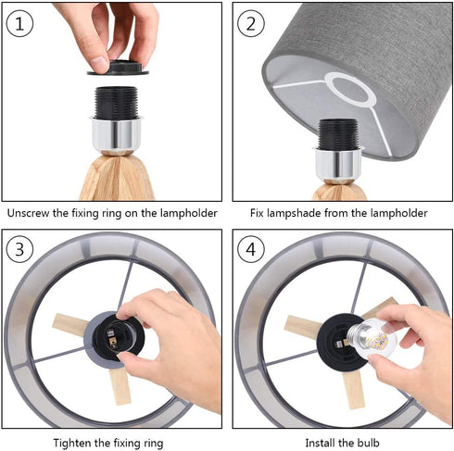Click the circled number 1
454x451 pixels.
tap(19, 23)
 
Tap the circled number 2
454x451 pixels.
tap(251, 23)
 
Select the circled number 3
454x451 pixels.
tap(19, 249)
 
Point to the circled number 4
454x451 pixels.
tap(251, 249)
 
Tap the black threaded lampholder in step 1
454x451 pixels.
tap(116, 103)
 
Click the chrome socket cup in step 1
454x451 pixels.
tap(116, 133)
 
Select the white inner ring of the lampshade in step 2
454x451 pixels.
tap(350, 90)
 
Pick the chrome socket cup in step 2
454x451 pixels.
tap(338, 163)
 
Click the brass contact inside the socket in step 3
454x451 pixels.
tap(110, 338)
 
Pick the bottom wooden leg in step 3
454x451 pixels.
tap(120, 385)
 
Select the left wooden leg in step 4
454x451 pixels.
tap(302, 327)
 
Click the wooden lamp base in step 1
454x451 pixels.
tap(117, 178)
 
